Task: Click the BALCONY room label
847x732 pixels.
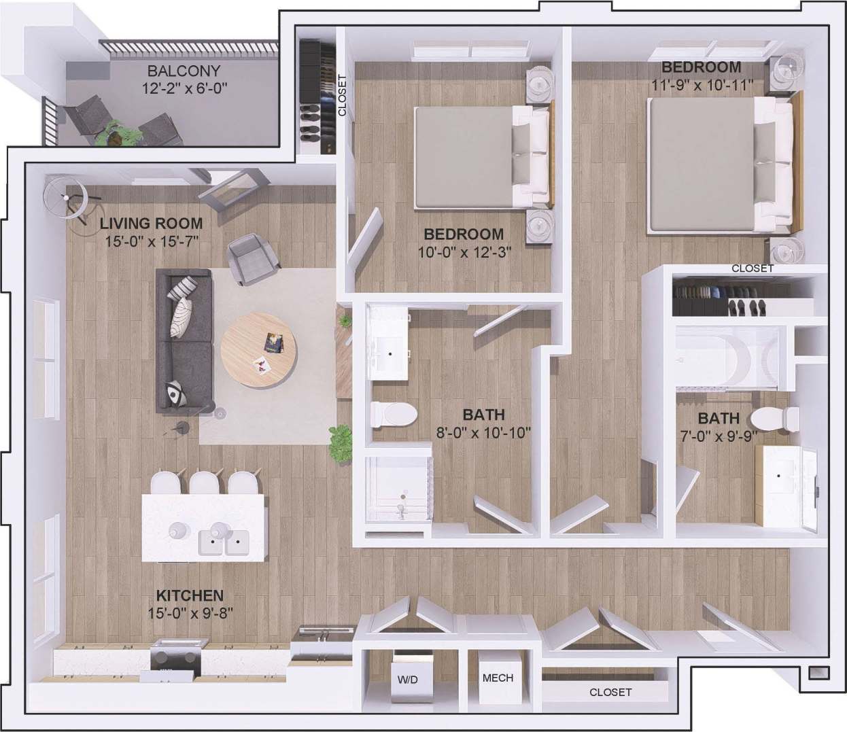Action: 184,71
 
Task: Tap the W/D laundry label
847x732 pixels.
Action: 408,679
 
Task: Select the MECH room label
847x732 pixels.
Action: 498,678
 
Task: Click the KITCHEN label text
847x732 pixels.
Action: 190,595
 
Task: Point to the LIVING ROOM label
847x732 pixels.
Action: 151,223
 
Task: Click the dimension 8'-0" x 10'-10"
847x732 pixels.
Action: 483,432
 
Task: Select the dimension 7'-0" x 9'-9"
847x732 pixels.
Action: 718,436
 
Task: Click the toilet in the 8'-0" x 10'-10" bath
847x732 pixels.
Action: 394,414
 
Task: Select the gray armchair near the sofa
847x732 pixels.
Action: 253,258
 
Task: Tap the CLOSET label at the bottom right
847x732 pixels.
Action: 610,692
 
